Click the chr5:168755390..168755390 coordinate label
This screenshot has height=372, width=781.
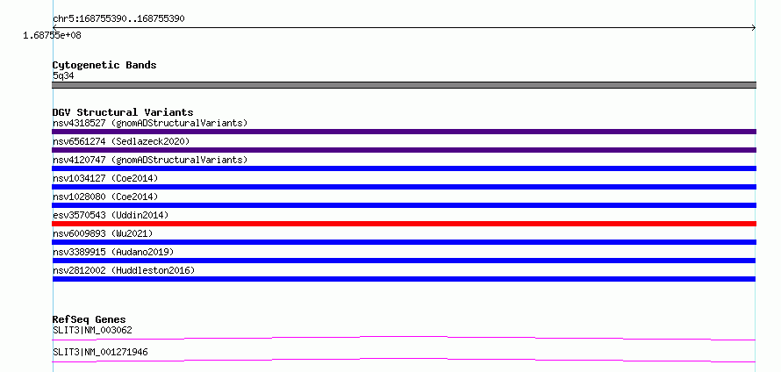tap(119, 19)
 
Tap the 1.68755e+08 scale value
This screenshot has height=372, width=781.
tap(53, 35)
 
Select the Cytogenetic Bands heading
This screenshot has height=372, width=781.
tap(104, 65)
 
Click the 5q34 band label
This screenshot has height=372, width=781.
tap(64, 75)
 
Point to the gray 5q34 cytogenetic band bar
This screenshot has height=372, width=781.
tap(404, 85)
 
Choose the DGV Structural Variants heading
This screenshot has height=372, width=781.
tap(123, 112)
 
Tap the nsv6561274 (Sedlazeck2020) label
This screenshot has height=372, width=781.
tap(121, 141)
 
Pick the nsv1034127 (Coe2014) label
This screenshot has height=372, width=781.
tap(105, 178)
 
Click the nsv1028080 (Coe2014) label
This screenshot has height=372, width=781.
tap(105, 197)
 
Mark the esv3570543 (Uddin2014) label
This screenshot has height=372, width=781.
tap(111, 215)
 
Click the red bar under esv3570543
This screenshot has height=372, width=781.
tap(404, 224)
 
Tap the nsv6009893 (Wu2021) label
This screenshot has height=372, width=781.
tap(103, 233)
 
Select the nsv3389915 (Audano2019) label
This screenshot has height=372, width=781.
tap(113, 252)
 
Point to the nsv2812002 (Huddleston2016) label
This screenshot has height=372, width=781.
tap(124, 270)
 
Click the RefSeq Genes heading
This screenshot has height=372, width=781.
tap(90, 319)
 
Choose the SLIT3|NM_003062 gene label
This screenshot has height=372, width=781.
tap(92, 330)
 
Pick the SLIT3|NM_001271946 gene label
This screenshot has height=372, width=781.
tap(100, 353)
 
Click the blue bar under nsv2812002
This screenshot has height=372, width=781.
tap(404, 279)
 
